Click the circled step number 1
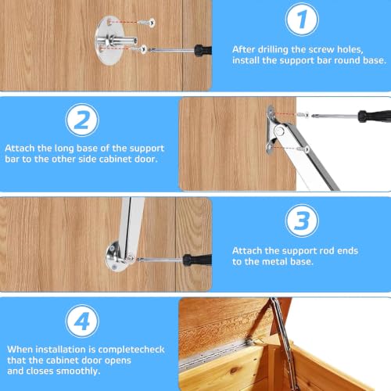point(302,20)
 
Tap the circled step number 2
point(82,120)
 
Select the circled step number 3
point(302,221)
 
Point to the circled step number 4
point(82,321)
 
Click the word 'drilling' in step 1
point(272,49)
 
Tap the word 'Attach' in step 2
point(20,148)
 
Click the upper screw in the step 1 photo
point(146,23)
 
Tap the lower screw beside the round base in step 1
point(139,48)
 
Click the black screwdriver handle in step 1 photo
point(203,49)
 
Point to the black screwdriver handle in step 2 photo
point(375,116)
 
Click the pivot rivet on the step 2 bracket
point(280,131)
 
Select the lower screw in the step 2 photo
point(303,149)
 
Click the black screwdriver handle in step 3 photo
point(197,260)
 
